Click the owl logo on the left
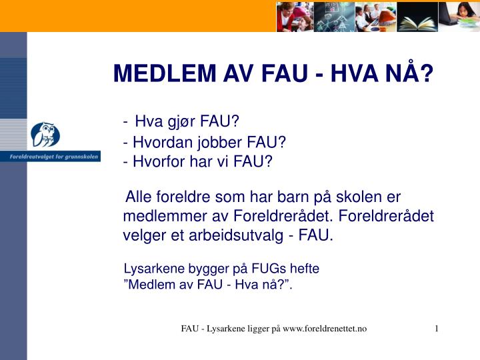pos(45,135)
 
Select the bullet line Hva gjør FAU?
pos(187,121)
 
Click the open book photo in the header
pos(417,16)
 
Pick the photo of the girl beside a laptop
pos(459,16)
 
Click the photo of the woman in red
pos(295,16)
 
